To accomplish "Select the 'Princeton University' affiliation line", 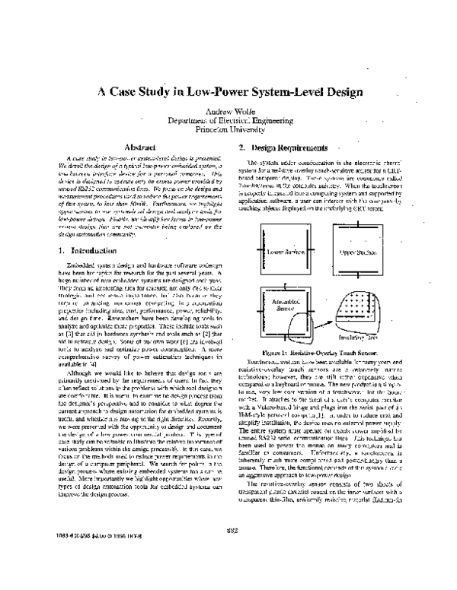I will (x=228, y=128).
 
